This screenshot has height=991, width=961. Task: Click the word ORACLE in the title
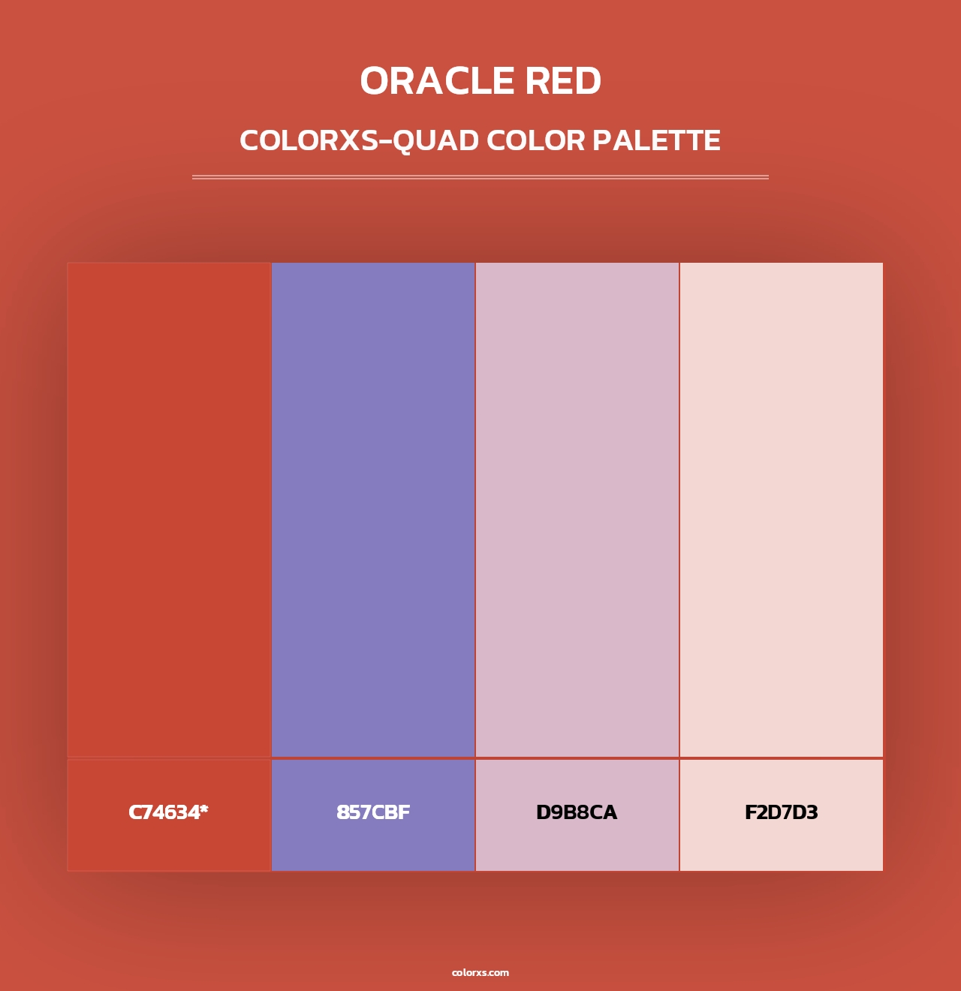pyautogui.click(x=437, y=81)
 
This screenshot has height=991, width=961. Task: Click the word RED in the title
pyautogui.click(x=563, y=81)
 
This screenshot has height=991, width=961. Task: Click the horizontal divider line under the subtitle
pyautogui.click(x=480, y=177)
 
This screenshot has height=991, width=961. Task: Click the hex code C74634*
pyautogui.click(x=168, y=812)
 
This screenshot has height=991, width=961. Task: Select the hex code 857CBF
pyautogui.click(x=373, y=812)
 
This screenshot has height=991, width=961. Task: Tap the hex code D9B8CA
pyautogui.click(x=577, y=812)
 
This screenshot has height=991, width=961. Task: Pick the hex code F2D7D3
pyautogui.click(x=781, y=812)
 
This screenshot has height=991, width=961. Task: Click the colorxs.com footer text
pyautogui.click(x=480, y=972)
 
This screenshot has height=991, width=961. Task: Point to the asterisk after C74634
pyautogui.click(x=203, y=809)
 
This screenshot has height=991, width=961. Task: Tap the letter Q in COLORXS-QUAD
pyautogui.click(x=407, y=141)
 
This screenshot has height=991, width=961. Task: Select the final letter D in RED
pyautogui.click(x=587, y=81)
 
